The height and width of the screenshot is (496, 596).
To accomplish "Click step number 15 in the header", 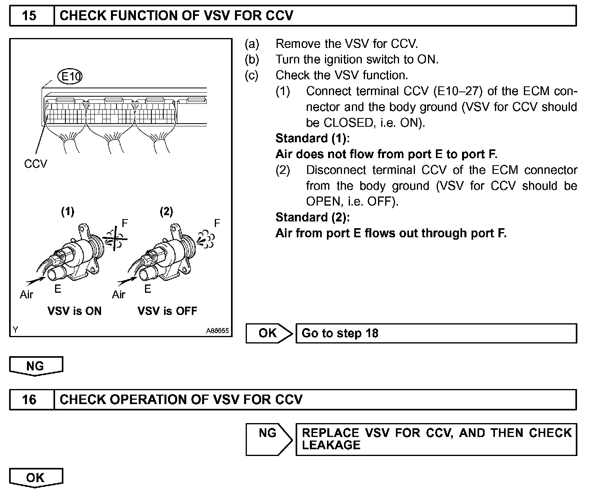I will pyautogui.click(x=29, y=16).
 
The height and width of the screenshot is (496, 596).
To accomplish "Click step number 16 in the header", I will pyautogui.click(x=29, y=399).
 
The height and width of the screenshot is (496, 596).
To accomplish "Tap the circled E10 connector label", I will pyautogui.click(x=70, y=76).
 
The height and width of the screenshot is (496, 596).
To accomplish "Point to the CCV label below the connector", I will pyautogui.click(x=36, y=164).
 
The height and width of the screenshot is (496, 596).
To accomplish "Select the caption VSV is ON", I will pyautogui.click(x=74, y=311).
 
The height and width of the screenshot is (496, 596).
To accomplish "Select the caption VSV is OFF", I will pyautogui.click(x=167, y=311).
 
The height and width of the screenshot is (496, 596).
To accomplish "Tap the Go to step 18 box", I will pyautogui.click(x=436, y=333).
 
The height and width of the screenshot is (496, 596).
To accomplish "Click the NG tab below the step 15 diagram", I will pyautogui.click(x=36, y=366).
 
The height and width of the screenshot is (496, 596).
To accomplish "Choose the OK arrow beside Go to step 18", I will pyautogui.click(x=268, y=333).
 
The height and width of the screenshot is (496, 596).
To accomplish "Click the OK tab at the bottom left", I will pyautogui.click(x=36, y=478).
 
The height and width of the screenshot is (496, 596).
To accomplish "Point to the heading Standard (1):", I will pyautogui.click(x=313, y=138).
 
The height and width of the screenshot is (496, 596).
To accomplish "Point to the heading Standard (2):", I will pyautogui.click(x=313, y=217).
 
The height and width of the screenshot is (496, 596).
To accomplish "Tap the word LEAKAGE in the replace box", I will pyautogui.click(x=331, y=445).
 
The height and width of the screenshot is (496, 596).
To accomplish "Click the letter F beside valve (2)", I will pyautogui.click(x=217, y=223).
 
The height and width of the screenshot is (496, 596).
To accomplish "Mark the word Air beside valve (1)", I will pyautogui.click(x=27, y=295).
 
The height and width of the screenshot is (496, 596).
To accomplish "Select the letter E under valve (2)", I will pyautogui.click(x=148, y=289).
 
